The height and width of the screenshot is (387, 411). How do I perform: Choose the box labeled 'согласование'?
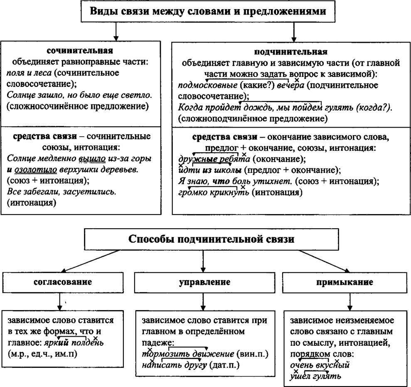tap(62, 282)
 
